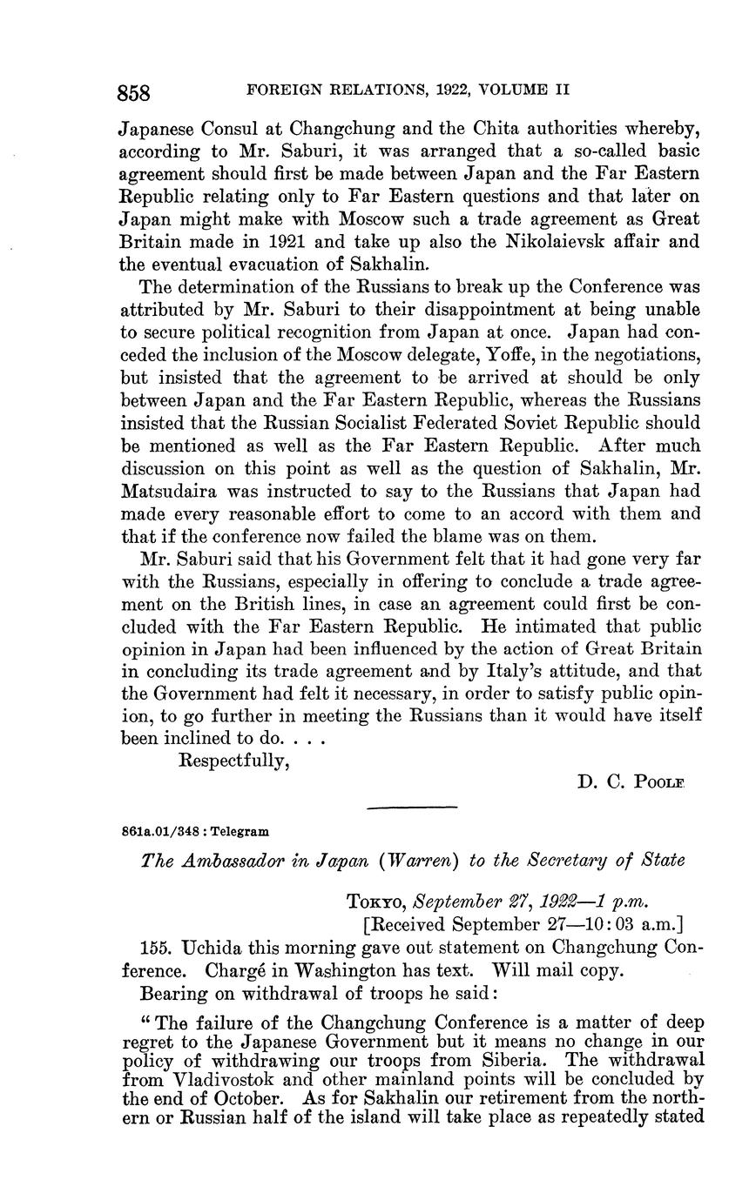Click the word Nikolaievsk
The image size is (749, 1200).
point(558,241)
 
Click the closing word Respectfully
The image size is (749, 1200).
point(233,760)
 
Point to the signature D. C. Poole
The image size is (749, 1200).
point(631,782)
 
